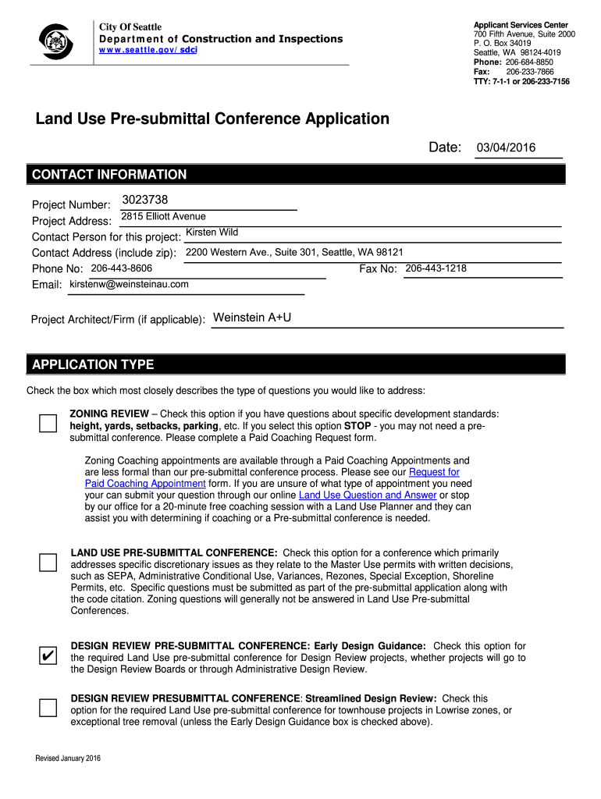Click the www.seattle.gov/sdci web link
point(148,50)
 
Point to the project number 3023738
point(145,200)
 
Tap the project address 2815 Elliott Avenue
point(163,216)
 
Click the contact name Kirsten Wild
point(212,233)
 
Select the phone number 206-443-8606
point(121,268)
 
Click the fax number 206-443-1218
point(436,268)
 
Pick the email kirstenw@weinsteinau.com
point(129,284)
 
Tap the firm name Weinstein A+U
point(252,318)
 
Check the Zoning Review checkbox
point(48,423)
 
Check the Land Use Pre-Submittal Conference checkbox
point(48,563)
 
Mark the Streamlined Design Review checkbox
point(48,708)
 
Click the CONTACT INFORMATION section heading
point(109,175)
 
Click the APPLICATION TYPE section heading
point(93,364)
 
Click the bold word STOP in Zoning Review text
point(357,426)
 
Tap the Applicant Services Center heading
point(521,25)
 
